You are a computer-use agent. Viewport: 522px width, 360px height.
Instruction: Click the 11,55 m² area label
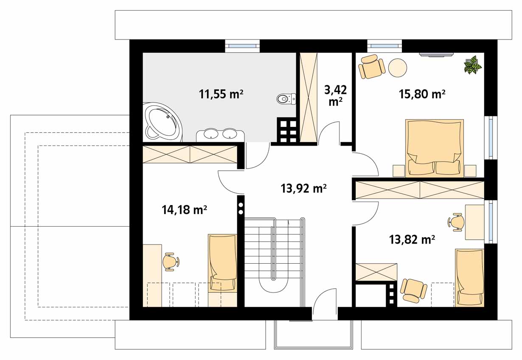221,94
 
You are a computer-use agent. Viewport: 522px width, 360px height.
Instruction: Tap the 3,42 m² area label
336,96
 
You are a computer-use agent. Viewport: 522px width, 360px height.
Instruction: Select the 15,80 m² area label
422,94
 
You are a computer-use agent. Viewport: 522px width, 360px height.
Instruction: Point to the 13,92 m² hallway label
303,188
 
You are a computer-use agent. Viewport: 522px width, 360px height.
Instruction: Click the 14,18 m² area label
184,210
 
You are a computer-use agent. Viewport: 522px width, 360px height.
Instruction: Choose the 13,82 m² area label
412,239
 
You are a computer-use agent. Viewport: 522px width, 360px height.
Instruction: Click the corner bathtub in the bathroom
163,122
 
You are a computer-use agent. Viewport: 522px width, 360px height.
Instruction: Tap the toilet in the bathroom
286,99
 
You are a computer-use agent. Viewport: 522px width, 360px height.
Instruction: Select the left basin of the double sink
211,134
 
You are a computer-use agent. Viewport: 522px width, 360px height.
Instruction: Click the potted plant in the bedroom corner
472,65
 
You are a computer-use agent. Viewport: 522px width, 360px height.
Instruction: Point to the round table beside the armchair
398,67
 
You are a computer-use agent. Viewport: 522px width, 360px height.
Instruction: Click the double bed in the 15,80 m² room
435,148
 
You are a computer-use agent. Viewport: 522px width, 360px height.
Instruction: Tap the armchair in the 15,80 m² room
371,67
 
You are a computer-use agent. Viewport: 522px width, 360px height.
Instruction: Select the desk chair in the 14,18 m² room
171,262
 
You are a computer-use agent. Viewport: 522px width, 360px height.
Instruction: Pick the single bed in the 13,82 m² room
469,278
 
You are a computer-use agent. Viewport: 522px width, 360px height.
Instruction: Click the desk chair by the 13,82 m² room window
456,222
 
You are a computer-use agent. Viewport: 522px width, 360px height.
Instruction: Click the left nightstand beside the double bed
399,171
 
